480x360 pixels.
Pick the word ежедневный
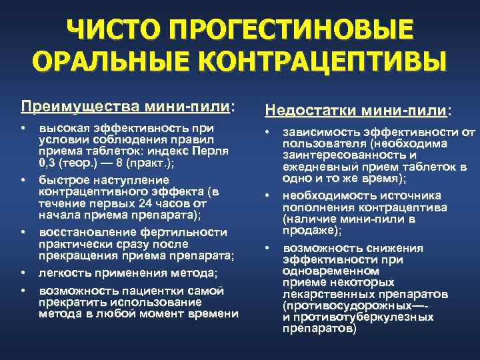tap(319, 167)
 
